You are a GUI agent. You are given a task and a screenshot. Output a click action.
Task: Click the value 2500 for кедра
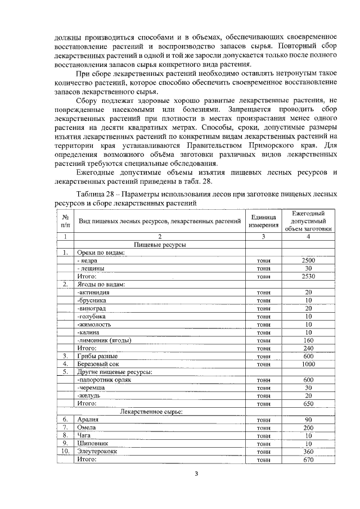pos(308,261)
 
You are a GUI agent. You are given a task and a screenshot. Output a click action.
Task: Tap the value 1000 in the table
pos(308,363)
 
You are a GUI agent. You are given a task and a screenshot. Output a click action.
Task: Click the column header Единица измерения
pos(263,220)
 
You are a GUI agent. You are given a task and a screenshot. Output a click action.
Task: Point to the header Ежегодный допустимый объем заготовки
pos(308,220)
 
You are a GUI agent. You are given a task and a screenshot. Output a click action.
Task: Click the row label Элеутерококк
pos(98,451)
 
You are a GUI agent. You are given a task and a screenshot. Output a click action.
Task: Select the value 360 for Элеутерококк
pos(308,451)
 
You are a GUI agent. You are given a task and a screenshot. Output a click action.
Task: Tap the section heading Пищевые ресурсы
pos(160,245)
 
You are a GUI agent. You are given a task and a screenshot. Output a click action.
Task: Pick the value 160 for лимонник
pos(308,340)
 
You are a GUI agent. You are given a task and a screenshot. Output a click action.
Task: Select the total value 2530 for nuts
pos(308,277)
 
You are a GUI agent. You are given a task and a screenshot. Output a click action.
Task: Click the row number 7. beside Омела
pos(66,427)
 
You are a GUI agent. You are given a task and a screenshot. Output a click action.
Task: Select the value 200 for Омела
pos(308,427)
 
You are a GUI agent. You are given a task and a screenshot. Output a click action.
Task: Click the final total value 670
pos(308,459)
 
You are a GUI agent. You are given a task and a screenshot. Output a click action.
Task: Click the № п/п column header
pos(66,220)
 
